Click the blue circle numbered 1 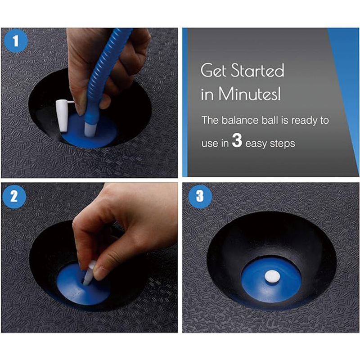[x=16, y=41]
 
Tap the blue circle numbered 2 [x=14, y=197]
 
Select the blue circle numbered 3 [x=200, y=197]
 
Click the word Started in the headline [x=257, y=70]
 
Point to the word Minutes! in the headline [x=249, y=94]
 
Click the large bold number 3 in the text [x=237, y=140]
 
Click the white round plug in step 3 [x=272, y=276]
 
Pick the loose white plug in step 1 [x=63, y=116]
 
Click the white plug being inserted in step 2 [x=89, y=273]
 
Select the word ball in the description [x=271, y=120]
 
